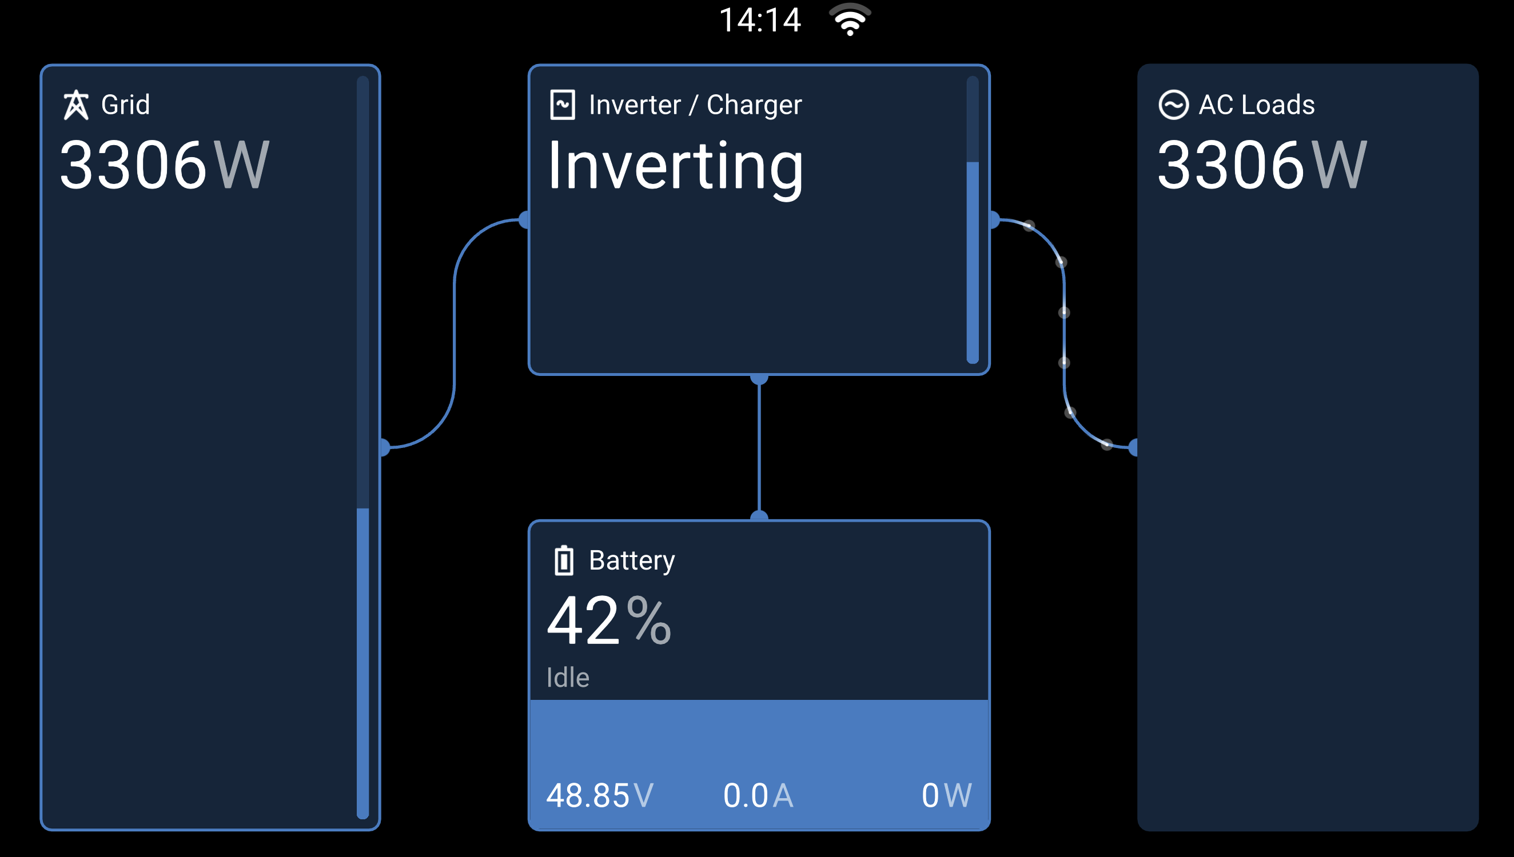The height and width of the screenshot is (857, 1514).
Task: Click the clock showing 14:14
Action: pyautogui.click(x=760, y=20)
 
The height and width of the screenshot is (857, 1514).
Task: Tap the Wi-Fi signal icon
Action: pyautogui.click(x=850, y=19)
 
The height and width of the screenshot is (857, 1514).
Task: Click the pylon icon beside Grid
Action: pyautogui.click(x=76, y=105)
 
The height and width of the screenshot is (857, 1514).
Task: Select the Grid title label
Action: pyautogui.click(x=125, y=105)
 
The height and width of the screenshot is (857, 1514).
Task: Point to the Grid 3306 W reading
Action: pyautogui.click(x=165, y=165)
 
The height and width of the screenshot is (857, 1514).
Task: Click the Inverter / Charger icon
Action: pyautogui.click(x=563, y=105)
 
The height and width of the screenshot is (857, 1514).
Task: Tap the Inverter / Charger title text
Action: pyautogui.click(x=695, y=105)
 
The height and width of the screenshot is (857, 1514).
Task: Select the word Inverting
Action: pyautogui.click(x=675, y=167)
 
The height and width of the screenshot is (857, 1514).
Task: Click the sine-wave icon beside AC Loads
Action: pyautogui.click(x=1173, y=105)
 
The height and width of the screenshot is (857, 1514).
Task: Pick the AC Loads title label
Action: pyautogui.click(x=1257, y=105)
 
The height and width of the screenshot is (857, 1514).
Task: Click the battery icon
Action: pyautogui.click(x=564, y=560)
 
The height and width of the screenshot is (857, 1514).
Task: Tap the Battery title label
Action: pyautogui.click(x=632, y=561)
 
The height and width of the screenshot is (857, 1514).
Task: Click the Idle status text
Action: pyautogui.click(x=568, y=678)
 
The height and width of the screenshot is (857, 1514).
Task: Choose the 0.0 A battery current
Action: pyautogui.click(x=759, y=796)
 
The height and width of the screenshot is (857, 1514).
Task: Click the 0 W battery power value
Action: pyautogui.click(x=946, y=796)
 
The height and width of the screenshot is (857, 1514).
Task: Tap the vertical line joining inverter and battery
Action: pyautogui.click(x=759, y=447)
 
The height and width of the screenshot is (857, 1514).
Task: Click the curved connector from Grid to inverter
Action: pyautogui.click(x=455, y=334)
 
